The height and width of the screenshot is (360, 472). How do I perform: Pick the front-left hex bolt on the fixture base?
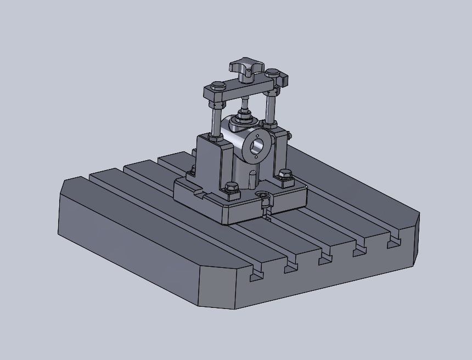pyautogui.click(x=232, y=188)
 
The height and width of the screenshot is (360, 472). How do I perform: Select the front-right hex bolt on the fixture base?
pyautogui.click(x=284, y=175)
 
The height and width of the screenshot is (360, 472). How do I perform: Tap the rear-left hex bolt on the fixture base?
pyautogui.click(x=192, y=171)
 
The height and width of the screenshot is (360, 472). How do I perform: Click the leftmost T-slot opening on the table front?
pyautogui.click(x=256, y=274)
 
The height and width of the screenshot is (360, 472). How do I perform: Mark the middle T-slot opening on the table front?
pyautogui.click(x=325, y=258)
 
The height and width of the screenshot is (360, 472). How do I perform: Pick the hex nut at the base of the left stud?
pyautogui.click(x=216, y=136)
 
